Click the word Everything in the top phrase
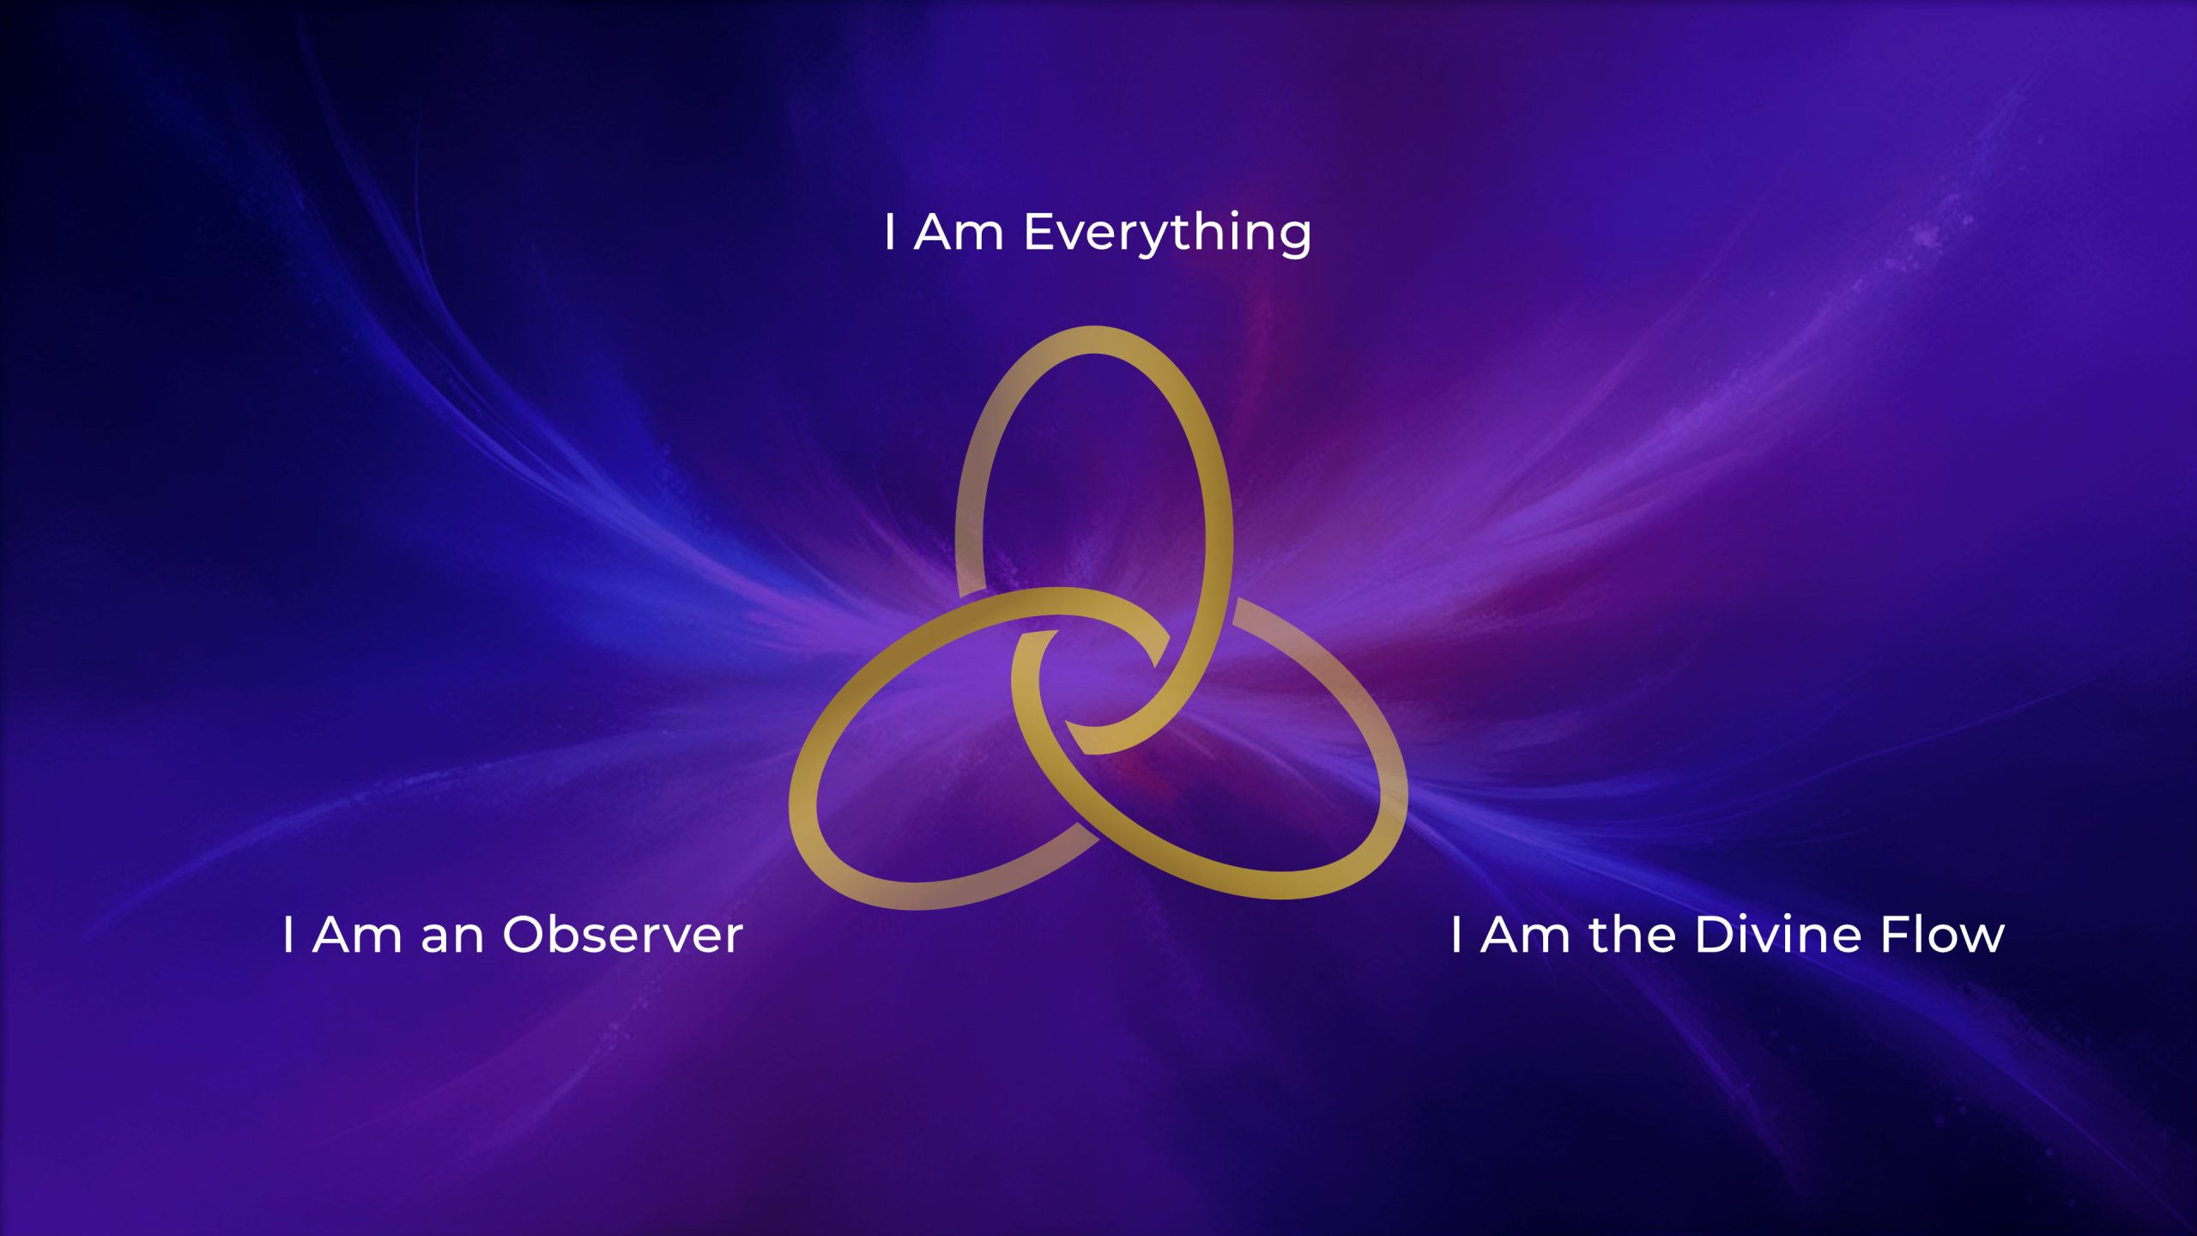tap(1167, 233)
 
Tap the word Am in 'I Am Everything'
tap(959, 233)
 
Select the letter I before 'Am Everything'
tap(890, 233)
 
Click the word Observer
tap(622, 935)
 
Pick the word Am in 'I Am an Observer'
tap(358, 935)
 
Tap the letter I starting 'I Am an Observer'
tap(288, 935)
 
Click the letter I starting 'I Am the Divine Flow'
tap(1456, 935)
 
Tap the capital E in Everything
tap(1040, 233)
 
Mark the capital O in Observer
tap(525, 935)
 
